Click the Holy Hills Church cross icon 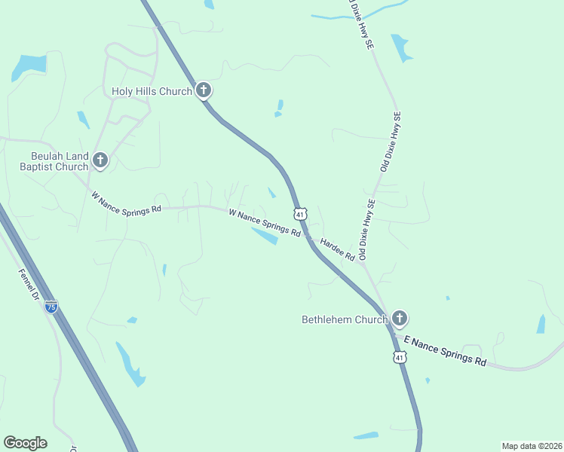point(203,91)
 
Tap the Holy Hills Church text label point(152,92)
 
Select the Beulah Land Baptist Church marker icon point(100,160)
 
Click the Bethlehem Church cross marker point(399,319)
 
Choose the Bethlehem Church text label point(345,319)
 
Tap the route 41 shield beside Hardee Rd point(301,214)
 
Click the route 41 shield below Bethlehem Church point(399,356)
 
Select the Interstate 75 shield point(51,307)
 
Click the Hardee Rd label point(337,249)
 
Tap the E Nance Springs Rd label point(445,351)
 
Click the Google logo point(25,443)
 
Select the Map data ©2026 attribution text point(531,445)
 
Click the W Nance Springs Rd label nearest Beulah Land point(126,203)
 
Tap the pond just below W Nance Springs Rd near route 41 point(264,237)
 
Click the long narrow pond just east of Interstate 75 point(129,364)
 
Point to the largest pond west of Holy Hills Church point(28,66)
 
